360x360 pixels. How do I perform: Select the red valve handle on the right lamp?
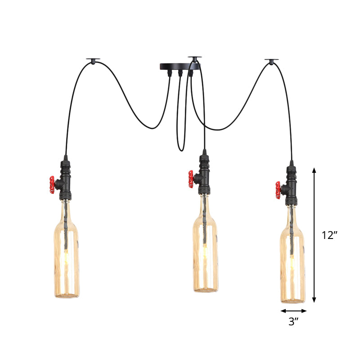click(279, 189)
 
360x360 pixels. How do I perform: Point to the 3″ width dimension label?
click(294, 322)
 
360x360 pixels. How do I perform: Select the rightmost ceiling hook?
click(271, 60)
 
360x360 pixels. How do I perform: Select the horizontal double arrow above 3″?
click(294, 310)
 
